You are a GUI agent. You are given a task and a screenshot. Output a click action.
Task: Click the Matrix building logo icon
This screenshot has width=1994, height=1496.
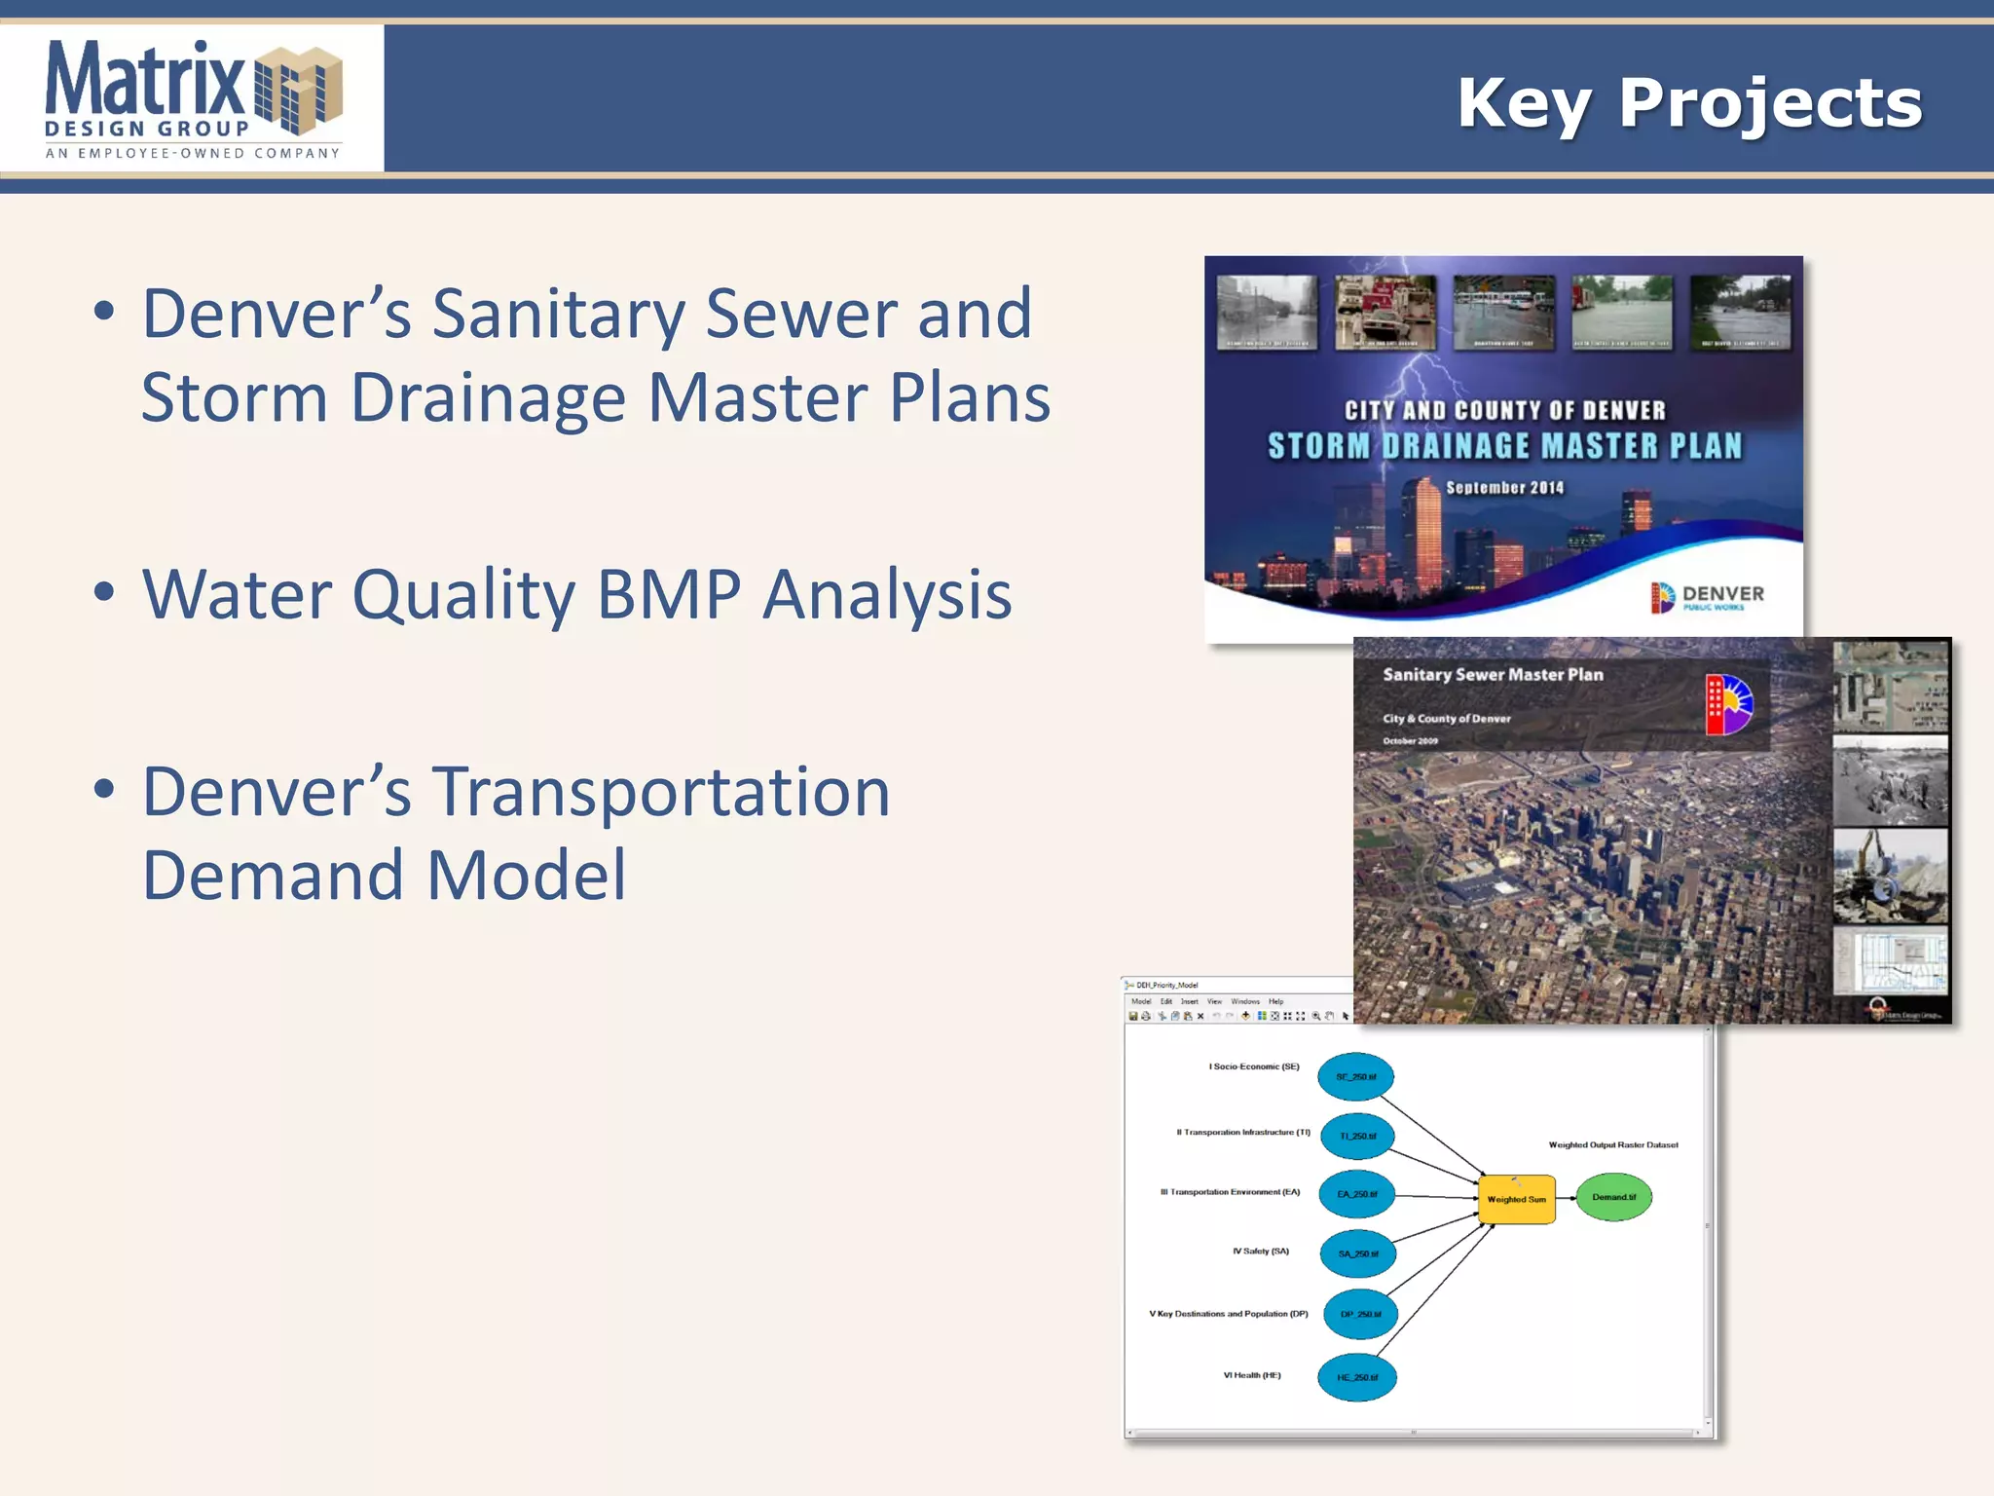(298, 90)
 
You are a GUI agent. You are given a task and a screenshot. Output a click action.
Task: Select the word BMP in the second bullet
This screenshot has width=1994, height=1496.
(669, 594)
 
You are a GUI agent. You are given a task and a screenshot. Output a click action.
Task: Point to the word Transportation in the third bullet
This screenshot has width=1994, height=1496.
(661, 792)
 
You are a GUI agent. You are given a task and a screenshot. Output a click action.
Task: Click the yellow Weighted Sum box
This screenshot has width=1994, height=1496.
(1516, 1199)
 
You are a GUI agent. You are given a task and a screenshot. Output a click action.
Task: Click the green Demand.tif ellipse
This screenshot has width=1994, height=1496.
(1613, 1197)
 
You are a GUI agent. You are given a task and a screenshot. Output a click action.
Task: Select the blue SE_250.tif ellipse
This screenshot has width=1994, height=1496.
(1355, 1077)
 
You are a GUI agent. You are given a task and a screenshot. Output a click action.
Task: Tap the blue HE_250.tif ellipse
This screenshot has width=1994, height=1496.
(1357, 1377)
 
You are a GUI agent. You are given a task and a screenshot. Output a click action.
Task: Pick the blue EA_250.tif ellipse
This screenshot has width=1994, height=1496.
(1356, 1194)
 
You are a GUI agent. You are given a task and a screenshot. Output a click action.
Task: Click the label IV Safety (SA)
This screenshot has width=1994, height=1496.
(1260, 1252)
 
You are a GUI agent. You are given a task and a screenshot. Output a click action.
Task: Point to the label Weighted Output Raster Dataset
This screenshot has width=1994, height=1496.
(1612, 1145)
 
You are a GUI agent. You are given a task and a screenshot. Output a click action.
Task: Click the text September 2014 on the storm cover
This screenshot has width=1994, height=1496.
(1504, 488)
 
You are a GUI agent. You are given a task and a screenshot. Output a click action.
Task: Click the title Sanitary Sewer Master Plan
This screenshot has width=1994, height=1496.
(1493, 675)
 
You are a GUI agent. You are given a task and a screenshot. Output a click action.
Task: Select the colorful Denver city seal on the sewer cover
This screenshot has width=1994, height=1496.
(1728, 704)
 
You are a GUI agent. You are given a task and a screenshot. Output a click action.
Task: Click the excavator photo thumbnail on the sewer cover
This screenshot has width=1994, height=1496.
(1890, 876)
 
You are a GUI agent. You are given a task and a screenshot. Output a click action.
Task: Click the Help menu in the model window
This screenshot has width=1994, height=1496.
(1275, 1001)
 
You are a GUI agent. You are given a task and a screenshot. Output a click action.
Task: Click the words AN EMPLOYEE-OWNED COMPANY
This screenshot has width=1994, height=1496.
(193, 153)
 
